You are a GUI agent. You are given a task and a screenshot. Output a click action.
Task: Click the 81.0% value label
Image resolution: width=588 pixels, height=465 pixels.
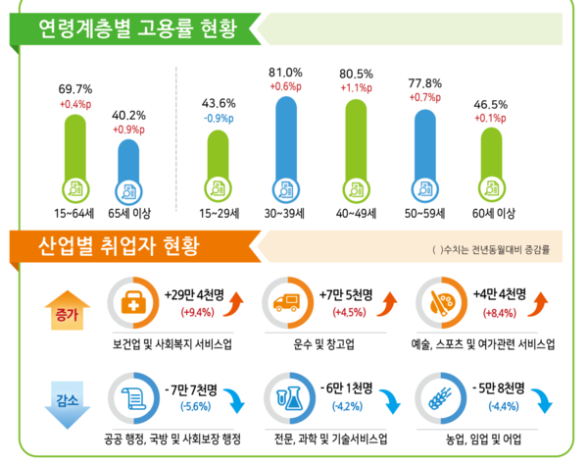(285, 73)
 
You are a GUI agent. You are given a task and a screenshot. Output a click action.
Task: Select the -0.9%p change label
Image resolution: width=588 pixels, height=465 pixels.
(218, 119)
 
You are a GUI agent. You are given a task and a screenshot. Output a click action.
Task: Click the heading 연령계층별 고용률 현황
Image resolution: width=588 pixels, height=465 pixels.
(137, 26)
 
